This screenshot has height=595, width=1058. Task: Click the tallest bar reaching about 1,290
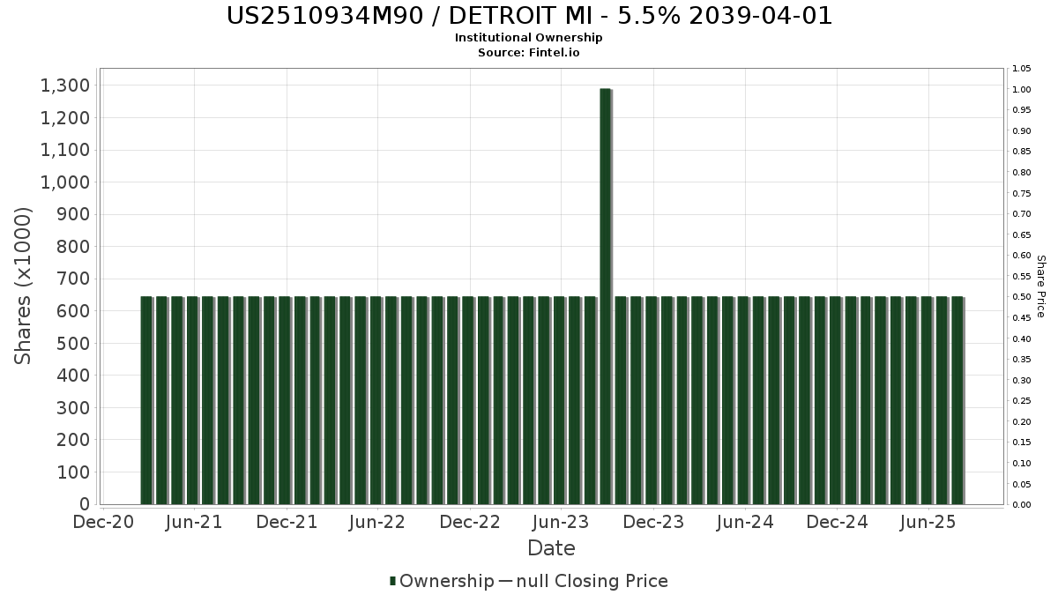[605, 296]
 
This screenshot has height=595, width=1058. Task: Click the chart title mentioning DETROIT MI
[529, 16]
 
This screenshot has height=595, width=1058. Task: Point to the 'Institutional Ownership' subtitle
[529, 38]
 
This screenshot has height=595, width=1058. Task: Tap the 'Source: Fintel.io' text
[529, 52]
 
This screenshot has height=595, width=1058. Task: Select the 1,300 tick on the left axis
[65, 86]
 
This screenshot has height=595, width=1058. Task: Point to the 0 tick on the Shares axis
[84, 504]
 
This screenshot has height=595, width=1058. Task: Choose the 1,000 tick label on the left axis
[65, 182]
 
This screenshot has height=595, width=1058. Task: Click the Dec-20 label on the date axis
[104, 522]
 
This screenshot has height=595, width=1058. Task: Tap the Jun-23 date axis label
[561, 522]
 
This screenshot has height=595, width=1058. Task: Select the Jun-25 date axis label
[928, 522]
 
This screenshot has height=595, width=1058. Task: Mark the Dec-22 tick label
[470, 522]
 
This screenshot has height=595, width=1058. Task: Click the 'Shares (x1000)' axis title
[24, 286]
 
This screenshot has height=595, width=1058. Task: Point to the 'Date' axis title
[551, 548]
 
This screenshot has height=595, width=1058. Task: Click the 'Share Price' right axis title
[1040, 286]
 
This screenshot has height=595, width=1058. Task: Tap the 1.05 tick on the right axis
[1022, 69]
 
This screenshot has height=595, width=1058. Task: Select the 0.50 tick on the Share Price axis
[1022, 297]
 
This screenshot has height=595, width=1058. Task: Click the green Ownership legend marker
[393, 581]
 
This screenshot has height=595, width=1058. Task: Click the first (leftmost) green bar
[146, 400]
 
